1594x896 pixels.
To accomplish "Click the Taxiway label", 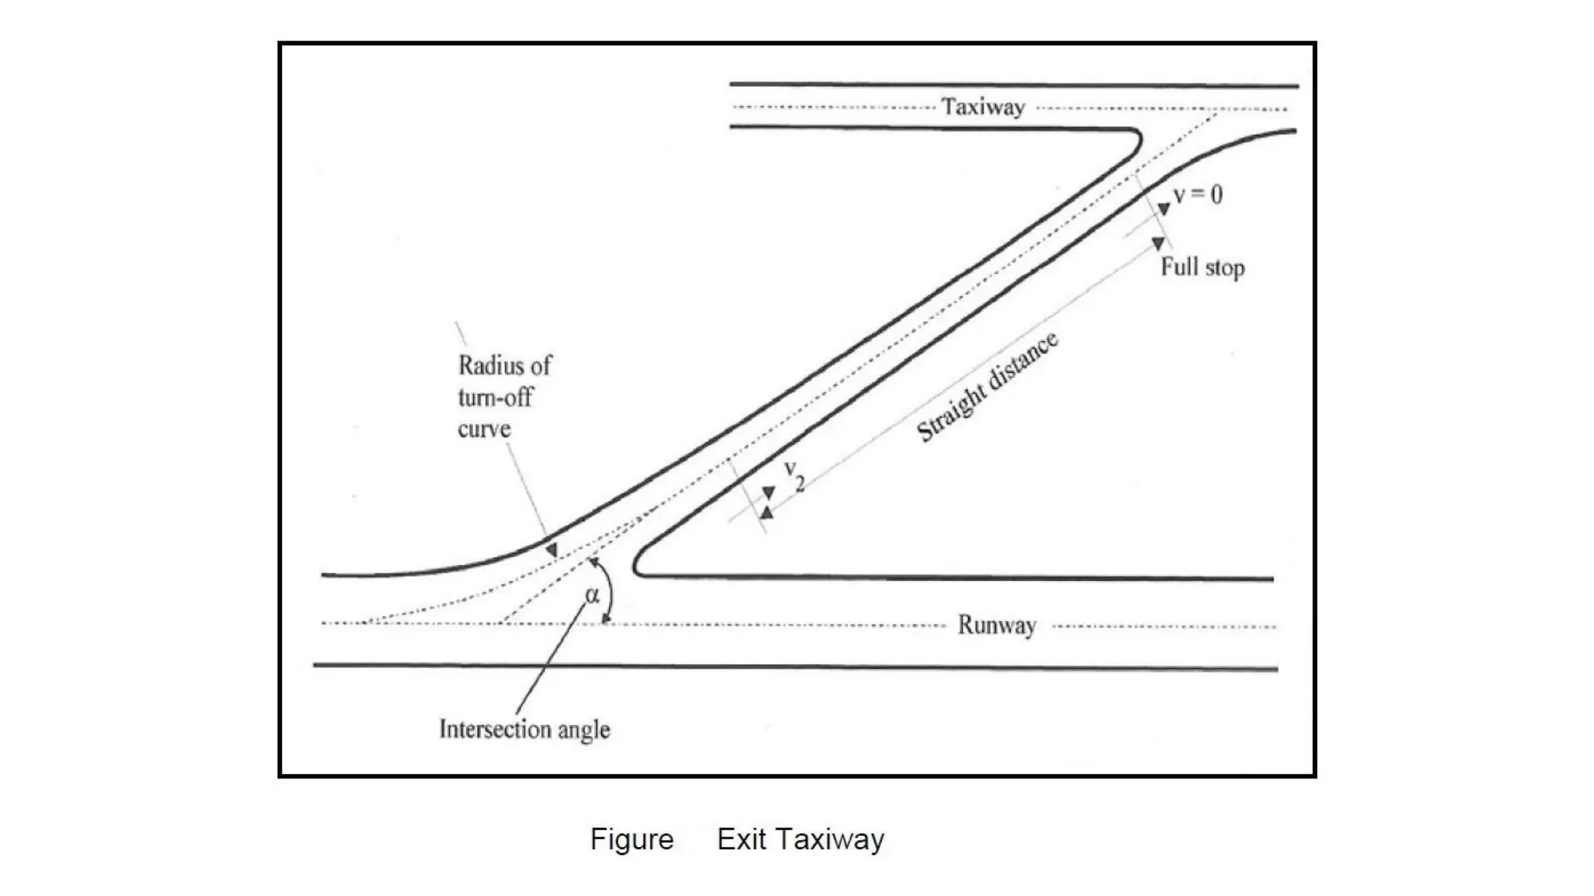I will [x=983, y=107].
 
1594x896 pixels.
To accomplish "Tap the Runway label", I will [x=996, y=625].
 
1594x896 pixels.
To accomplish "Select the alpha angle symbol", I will [x=592, y=595].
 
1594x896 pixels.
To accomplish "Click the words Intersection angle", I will [x=524, y=730].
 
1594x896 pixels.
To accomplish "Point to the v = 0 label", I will [x=1198, y=194].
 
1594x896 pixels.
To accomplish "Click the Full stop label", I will [x=1203, y=268].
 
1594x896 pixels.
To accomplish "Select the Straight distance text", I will [x=987, y=387].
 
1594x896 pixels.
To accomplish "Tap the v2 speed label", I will [x=794, y=474].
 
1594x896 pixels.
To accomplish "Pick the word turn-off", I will [x=495, y=397].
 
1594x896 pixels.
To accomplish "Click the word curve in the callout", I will [x=484, y=429].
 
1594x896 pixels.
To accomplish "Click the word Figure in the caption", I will [x=631, y=840].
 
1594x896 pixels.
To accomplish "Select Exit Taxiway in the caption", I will [x=800, y=840].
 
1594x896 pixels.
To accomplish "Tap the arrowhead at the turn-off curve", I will [x=551, y=550].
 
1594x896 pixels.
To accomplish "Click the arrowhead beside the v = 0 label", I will [x=1164, y=208].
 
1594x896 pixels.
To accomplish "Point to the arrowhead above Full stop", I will [x=1158, y=243].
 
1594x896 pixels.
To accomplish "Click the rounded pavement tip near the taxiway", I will [x=1137, y=140].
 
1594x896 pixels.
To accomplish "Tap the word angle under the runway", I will [x=583, y=730].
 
